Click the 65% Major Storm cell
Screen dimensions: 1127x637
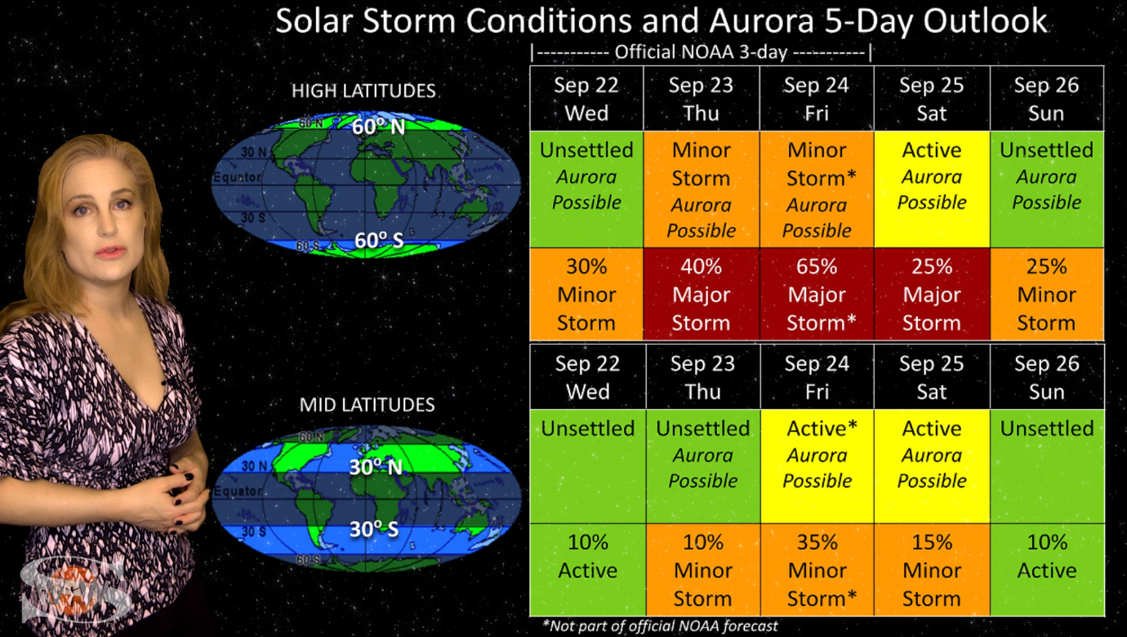coord(817,294)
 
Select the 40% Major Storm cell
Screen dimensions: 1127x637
coord(702,294)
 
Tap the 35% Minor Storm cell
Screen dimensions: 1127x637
coord(817,569)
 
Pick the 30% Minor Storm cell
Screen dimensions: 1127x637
coord(586,294)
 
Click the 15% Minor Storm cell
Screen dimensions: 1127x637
coord(932,569)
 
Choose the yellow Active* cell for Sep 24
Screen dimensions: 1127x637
coord(817,466)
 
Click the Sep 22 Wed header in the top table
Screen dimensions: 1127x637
coord(586,99)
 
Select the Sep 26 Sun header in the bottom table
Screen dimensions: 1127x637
coord(1047,377)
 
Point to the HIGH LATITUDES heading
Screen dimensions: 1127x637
coord(363,91)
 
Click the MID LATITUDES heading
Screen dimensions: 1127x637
coord(367,405)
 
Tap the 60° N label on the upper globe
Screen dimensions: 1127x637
coord(378,127)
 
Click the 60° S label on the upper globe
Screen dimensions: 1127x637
coord(379,241)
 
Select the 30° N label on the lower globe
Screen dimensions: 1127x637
coord(376,467)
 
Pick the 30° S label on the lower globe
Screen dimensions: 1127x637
coord(374,529)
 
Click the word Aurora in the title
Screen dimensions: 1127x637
coord(762,21)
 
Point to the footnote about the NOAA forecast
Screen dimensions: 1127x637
coord(660,626)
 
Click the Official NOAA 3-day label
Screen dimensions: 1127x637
coord(701,52)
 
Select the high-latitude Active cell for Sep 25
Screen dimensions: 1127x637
coord(932,189)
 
